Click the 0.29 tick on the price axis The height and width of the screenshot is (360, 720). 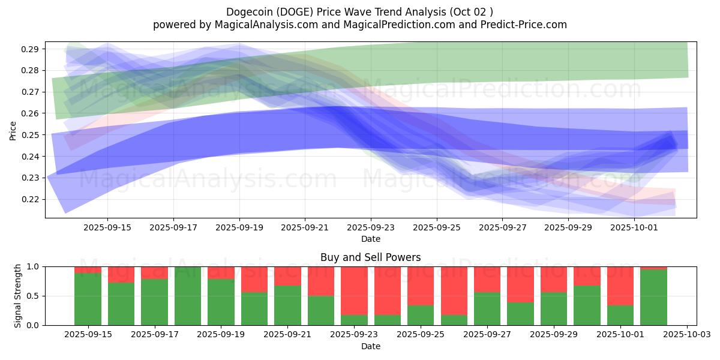(x=31, y=49)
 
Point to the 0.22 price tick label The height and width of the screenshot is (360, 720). (x=31, y=199)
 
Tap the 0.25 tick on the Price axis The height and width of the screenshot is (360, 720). (x=31, y=135)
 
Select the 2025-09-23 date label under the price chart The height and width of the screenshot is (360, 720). (x=371, y=228)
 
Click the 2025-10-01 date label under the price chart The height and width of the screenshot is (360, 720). (x=634, y=228)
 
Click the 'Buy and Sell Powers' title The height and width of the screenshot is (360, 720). (x=370, y=257)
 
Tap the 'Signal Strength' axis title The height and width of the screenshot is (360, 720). (x=18, y=296)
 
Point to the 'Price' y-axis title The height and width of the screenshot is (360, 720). (x=13, y=131)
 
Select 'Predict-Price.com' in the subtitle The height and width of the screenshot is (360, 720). (x=528, y=25)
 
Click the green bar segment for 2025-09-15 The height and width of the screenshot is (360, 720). (x=88, y=299)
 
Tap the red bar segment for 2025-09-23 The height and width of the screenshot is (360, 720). (x=354, y=290)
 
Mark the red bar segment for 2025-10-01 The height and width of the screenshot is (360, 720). (x=620, y=286)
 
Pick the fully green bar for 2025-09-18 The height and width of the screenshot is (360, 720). (x=188, y=296)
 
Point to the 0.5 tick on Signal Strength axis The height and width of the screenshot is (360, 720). (x=34, y=296)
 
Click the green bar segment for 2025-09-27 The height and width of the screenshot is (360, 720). (x=487, y=308)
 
